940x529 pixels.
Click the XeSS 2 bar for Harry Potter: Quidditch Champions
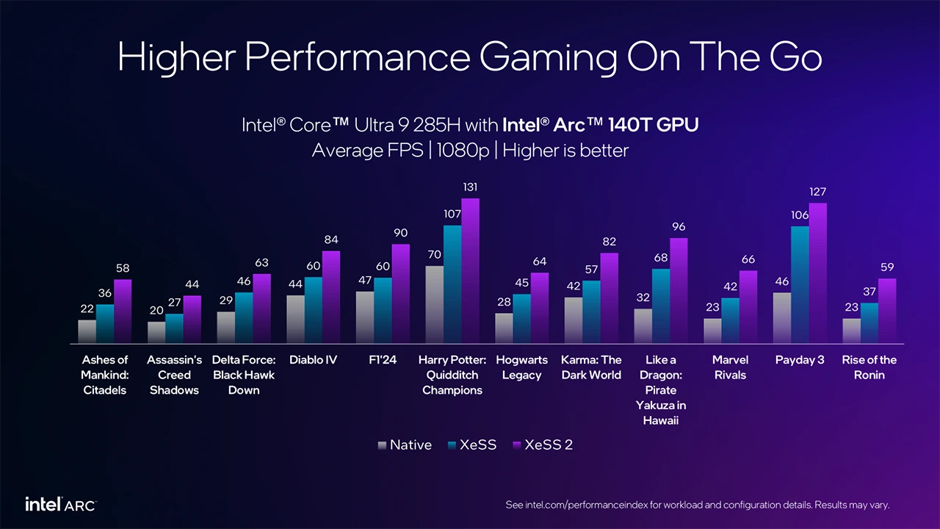[x=470, y=270]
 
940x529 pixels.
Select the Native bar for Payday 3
[x=782, y=317]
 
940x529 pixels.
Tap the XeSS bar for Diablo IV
[x=314, y=309]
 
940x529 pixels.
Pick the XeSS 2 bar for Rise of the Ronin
[x=887, y=310]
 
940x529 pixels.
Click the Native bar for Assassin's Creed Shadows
[x=156, y=332]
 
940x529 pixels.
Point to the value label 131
[x=470, y=188]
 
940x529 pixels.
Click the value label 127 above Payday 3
[x=817, y=192]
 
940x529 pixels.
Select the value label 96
[x=679, y=227]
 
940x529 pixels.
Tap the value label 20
[x=156, y=311]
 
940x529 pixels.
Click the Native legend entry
[x=405, y=445]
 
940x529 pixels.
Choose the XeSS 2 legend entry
[x=543, y=445]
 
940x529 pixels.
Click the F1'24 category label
[x=383, y=360]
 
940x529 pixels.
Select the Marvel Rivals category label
[x=730, y=367]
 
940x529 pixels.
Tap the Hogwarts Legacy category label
[x=521, y=367]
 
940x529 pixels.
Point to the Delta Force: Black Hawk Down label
[x=244, y=375]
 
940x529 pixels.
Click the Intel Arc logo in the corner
[x=60, y=505]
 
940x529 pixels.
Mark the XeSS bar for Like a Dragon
[x=661, y=306]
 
